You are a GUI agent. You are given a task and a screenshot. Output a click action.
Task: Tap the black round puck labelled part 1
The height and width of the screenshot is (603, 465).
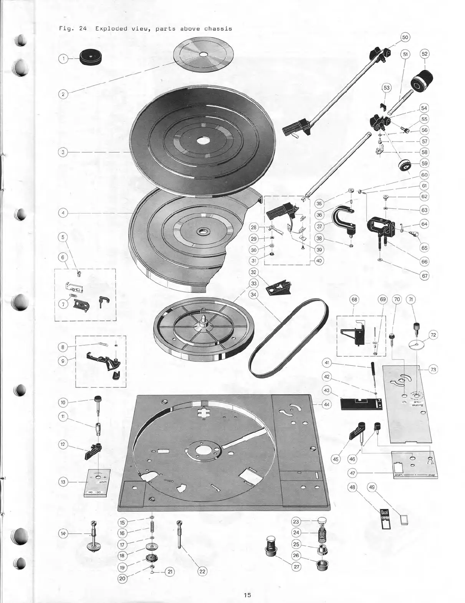pyautogui.click(x=91, y=58)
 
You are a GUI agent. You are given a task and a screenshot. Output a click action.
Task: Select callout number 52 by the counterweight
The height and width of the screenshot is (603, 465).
pyautogui.click(x=424, y=54)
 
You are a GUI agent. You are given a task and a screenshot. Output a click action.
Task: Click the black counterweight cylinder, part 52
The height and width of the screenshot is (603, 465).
pyautogui.click(x=422, y=82)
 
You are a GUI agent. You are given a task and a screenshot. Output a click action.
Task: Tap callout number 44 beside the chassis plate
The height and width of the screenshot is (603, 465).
pyautogui.click(x=326, y=404)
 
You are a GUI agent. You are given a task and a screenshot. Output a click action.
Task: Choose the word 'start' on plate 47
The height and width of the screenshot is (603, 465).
pyautogui.click(x=401, y=475)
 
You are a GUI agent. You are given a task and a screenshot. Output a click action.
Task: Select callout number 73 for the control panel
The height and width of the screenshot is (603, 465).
pyautogui.click(x=433, y=370)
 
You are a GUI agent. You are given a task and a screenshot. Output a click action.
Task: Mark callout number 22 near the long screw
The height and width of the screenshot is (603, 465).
pyautogui.click(x=202, y=572)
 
